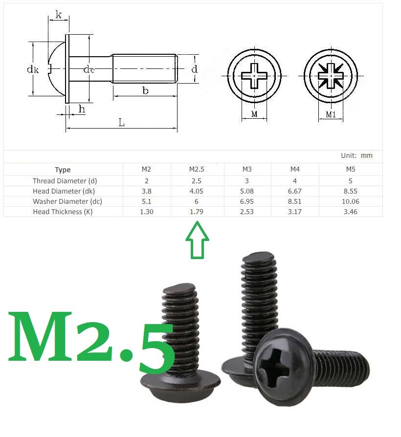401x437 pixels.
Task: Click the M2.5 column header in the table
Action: click(197, 169)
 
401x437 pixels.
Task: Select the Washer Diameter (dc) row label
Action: click(67, 201)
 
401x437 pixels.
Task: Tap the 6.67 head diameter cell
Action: click(295, 191)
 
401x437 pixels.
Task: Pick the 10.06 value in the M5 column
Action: click(351, 201)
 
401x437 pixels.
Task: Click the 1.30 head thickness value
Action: click(147, 212)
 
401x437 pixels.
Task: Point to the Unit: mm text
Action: click(356, 155)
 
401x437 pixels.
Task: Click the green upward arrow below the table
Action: click(197, 240)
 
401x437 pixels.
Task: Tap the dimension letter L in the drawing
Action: click(121, 122)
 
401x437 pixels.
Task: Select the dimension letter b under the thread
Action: click(145, 90)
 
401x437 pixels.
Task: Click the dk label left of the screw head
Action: click(33, 69)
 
